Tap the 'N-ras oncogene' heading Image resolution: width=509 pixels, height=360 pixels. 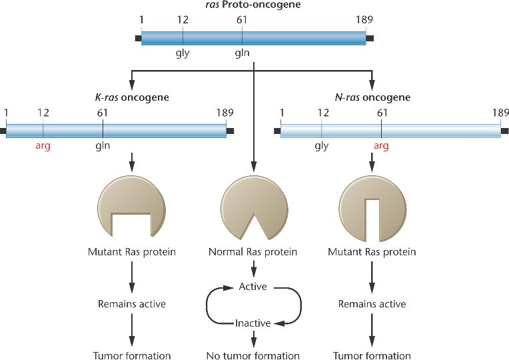tap(374, 97)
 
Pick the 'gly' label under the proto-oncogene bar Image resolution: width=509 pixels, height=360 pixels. tap(183, 53)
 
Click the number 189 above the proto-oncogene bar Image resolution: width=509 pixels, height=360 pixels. tap(364, 20)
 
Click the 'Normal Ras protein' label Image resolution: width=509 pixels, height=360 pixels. tap(253, 253)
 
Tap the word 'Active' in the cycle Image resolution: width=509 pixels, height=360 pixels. tap(253, 287)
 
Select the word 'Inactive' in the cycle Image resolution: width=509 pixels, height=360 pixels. tap(253, 323)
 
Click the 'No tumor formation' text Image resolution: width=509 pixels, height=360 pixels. tap(253, 355)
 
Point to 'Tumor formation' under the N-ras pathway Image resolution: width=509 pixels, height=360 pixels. tap(372, 355)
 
